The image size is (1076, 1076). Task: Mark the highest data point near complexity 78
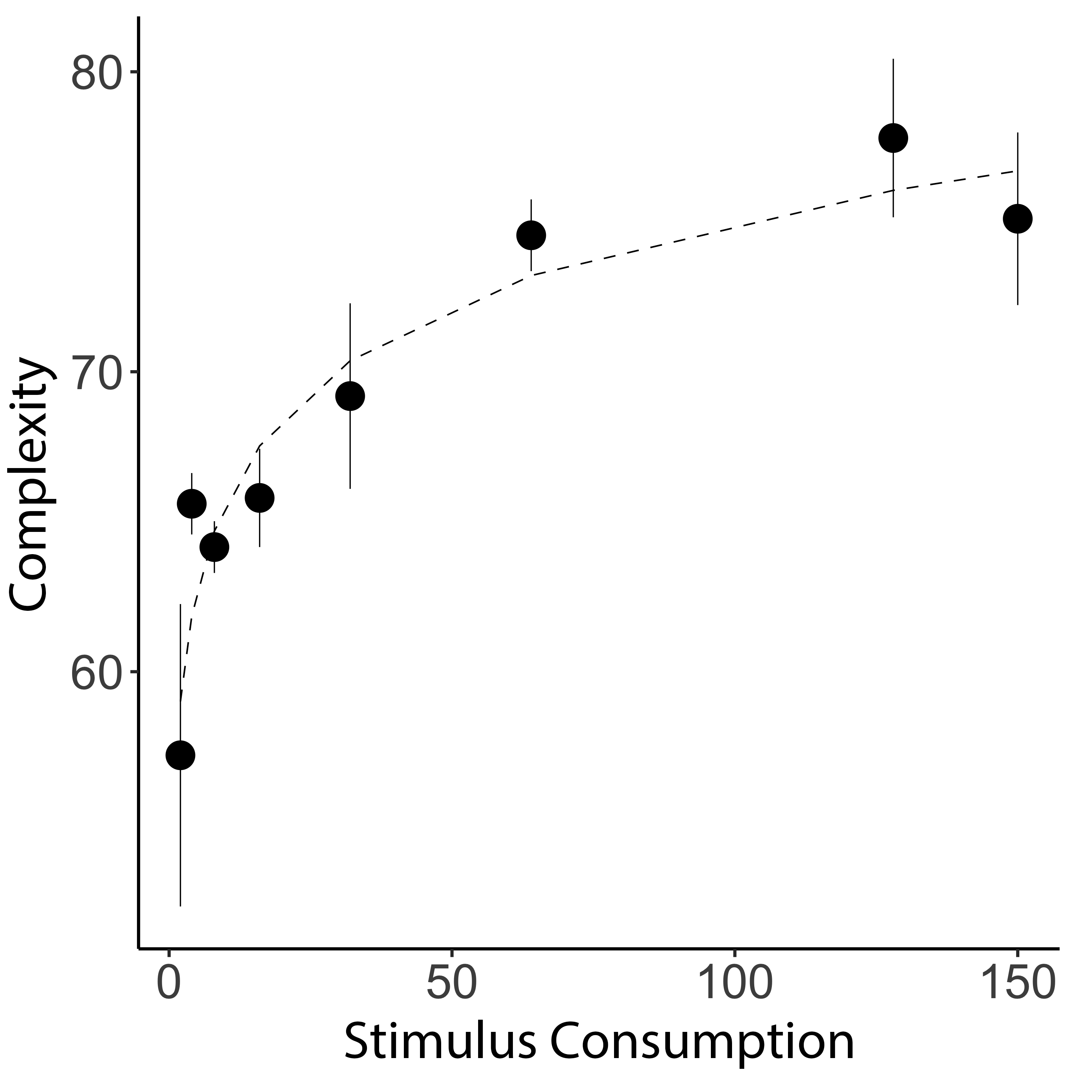(893, 138)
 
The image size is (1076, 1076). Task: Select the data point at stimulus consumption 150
(1018, 219)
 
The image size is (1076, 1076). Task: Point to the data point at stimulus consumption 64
(531, 235)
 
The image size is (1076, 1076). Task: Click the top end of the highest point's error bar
(893, 59)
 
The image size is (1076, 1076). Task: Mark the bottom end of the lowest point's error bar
(180, 906)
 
